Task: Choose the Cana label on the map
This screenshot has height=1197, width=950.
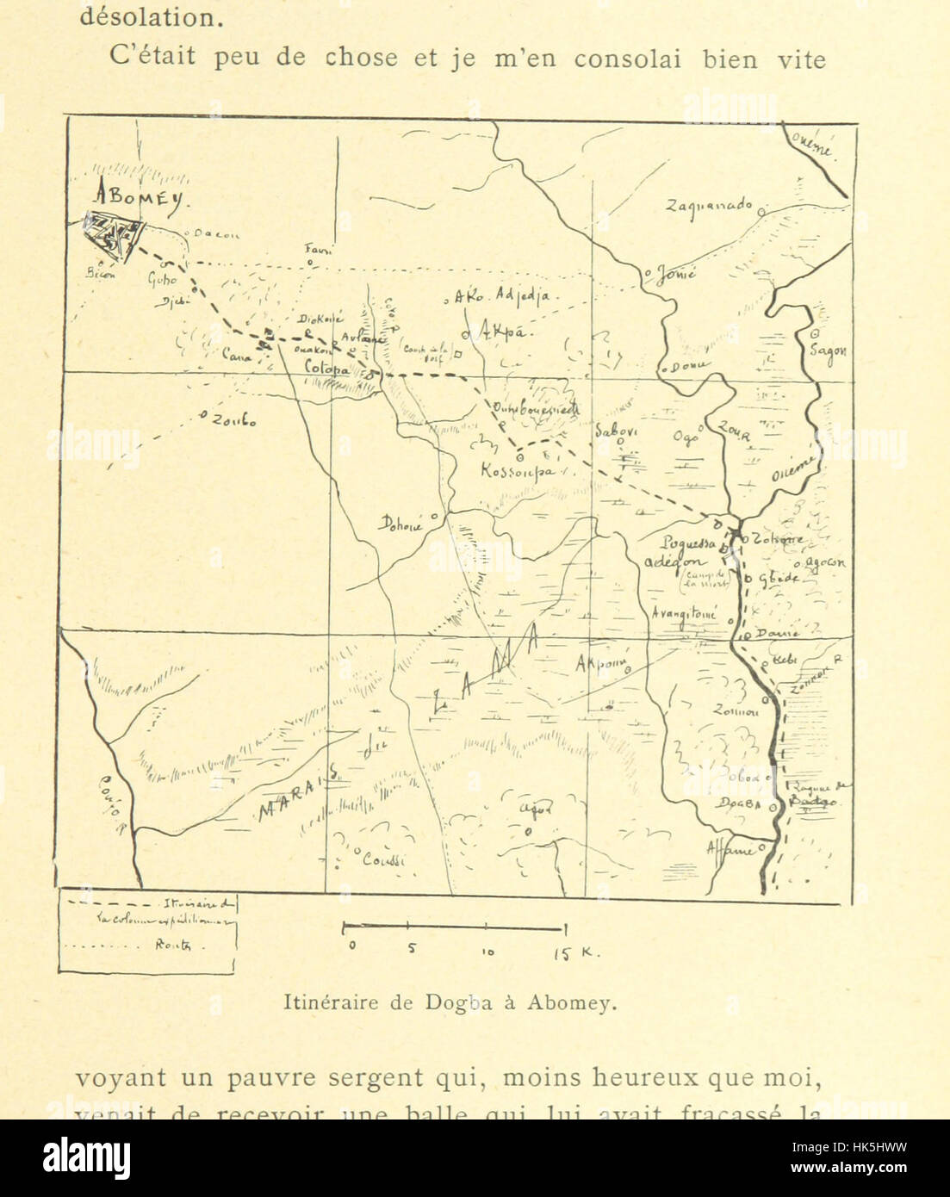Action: tap(236, 354)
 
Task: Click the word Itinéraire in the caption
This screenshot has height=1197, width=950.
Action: tap(322, 1002)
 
